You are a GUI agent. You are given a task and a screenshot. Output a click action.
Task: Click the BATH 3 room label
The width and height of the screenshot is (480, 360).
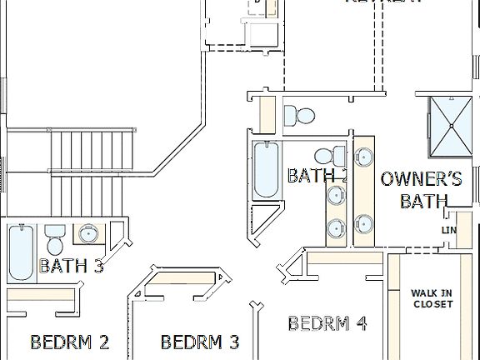point(72,266)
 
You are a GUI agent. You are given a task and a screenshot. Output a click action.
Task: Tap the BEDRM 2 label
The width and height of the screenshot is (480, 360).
point(70,342)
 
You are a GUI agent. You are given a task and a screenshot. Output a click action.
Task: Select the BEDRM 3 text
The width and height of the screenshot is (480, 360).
point(200,342)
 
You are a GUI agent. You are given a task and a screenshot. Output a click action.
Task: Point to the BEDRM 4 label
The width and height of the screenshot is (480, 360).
point(327,323)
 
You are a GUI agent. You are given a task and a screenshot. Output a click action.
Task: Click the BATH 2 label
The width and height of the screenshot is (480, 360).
point(317,175)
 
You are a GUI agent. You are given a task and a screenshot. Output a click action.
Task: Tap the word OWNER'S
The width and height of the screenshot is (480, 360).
point(421,178)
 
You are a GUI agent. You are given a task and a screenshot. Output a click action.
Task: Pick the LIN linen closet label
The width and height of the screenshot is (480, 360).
point(449,231)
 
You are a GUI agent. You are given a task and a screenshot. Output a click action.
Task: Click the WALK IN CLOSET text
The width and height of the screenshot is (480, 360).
point(432,298)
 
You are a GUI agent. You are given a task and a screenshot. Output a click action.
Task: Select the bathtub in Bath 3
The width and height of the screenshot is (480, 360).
point(21,252)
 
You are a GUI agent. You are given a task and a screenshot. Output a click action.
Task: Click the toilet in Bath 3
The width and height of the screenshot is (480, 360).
point(56,239)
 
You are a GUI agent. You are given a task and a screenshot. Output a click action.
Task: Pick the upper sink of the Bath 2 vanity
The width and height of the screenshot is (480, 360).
point(336,196)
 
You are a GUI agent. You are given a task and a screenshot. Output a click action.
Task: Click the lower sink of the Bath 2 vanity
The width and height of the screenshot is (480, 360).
point(336,227)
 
